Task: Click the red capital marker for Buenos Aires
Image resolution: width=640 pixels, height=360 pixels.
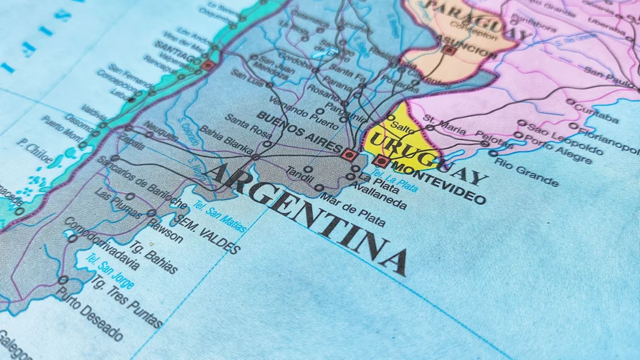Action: point(349,155)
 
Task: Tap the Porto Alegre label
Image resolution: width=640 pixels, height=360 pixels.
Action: point(558,149)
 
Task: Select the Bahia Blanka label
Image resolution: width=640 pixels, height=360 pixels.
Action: point(226,140)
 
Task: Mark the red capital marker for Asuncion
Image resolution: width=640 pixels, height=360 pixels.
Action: point(448,50)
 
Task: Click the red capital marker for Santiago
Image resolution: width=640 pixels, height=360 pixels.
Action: point(207,65)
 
